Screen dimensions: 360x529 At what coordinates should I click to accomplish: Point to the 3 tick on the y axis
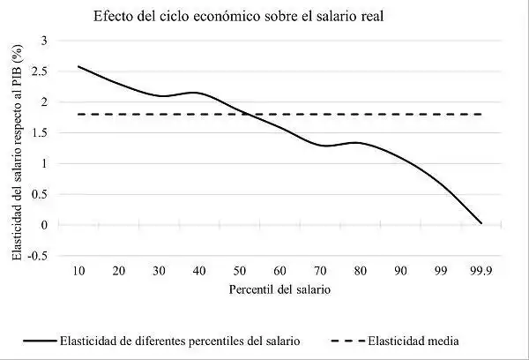[44, 41]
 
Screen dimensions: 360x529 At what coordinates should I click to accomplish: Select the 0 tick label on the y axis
[44, 225]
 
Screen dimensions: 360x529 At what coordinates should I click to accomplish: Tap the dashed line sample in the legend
[349, 340]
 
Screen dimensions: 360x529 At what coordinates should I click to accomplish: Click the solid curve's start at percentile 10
[78, 66]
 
